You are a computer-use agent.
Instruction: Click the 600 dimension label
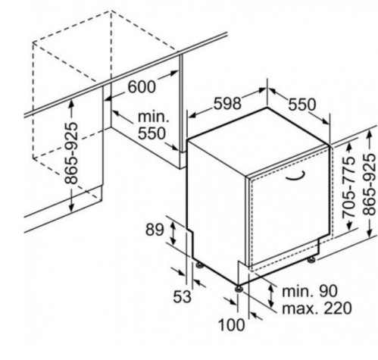pyautogui.click(x=142, y=87)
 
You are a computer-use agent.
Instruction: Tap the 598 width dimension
pyautogui.click(x=227, y=103)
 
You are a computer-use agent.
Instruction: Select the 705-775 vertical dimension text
pyautogui.click(x=348, y=186)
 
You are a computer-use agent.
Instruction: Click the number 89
pyautogui.click(x=155, y=230)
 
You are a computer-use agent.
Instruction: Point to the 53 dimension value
pyautogui.click(x=183, y=296)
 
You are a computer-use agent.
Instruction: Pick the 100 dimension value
pyautogui.click(x=231, y=324)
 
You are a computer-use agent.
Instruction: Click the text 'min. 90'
pyautogui.click(x=310, y=291)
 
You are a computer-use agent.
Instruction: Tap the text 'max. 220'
pyautogui.click(x=317, y=308)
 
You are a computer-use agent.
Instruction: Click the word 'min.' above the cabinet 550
pyautogui.click(x=153, y=117)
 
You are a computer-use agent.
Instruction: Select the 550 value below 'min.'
pyautogui.click(x=152, y=133)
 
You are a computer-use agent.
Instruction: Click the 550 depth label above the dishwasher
pyautogui.click(x=302, y=105)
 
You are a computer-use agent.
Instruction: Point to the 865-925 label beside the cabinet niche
pyautogui.click(x=71, y=153)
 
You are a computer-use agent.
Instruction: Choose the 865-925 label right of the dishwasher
pyautogui.click(x=369, y=185)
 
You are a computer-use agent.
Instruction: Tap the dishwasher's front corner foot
pyautogui.click(x=239, y=289)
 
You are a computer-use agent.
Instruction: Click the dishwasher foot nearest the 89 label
pyautogui.click(x=200, y=265)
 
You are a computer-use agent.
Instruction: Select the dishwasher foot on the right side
pyautogui.click(x=311, y=260)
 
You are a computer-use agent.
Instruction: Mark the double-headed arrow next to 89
pyautogui.click(x=173, y=233)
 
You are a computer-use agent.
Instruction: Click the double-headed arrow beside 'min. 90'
pyautogui.click(x=271, y=296)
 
